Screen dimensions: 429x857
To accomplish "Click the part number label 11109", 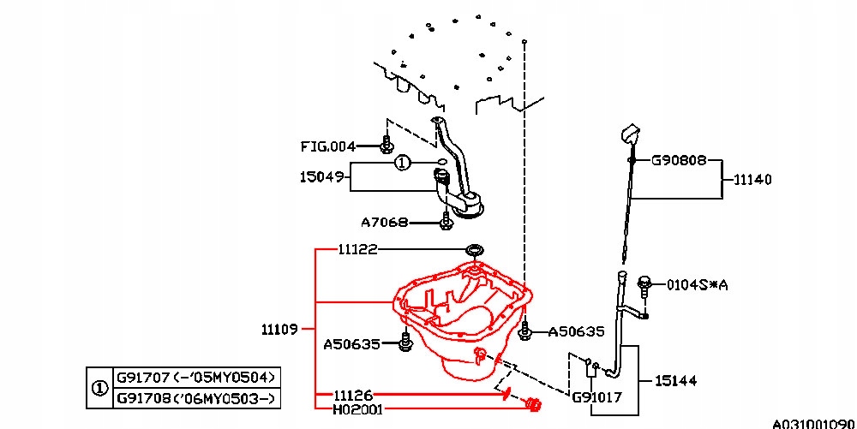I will pyautogui.click(x=279, y=329).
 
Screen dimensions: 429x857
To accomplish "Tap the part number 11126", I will pyautogui.click(x=354, y=396).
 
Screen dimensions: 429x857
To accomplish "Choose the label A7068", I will pyautogui.click(x=383, y=223).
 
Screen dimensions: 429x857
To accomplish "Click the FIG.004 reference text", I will pyautogui.click(x=327, y=146).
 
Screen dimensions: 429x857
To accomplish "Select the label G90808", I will pyautogui.click(x=679, y=160).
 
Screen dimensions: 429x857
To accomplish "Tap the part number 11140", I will pyautogui.click(x=752, y=180).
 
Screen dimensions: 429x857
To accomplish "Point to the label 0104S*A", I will pyautogui.click(x=698, y=284).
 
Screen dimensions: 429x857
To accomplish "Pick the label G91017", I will pyautogui.click(x=596, y=397).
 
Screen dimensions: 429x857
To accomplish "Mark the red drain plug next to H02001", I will pyautogui.click(x=533, y=404).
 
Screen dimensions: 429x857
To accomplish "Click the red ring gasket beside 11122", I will pyautogui.click(x=473, y=249).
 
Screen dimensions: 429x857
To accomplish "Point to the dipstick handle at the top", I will pyautogui.click(x=630, y=135).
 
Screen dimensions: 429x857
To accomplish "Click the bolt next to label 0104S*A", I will pyautogui.click(x=645, y=283).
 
